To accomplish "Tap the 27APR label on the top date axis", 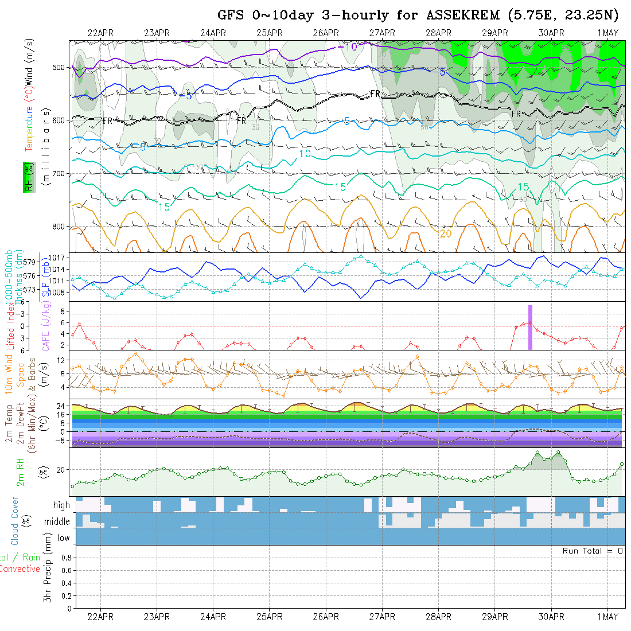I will coord(382,33).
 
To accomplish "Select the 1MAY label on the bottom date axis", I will coord(607,617).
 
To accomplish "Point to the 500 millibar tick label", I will coord(57,68).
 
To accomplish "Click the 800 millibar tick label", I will coord(57,227).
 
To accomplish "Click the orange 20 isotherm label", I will coord(446,233).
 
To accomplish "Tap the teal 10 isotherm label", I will coord(305,154).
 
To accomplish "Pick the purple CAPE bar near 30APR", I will coord(530,327).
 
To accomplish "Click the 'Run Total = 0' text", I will coord(593,551).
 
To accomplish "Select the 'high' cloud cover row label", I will coord(61,505).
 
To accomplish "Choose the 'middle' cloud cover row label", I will coord(57,521).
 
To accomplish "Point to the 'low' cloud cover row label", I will coord(63,538).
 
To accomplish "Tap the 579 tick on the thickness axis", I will coord(31,262).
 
